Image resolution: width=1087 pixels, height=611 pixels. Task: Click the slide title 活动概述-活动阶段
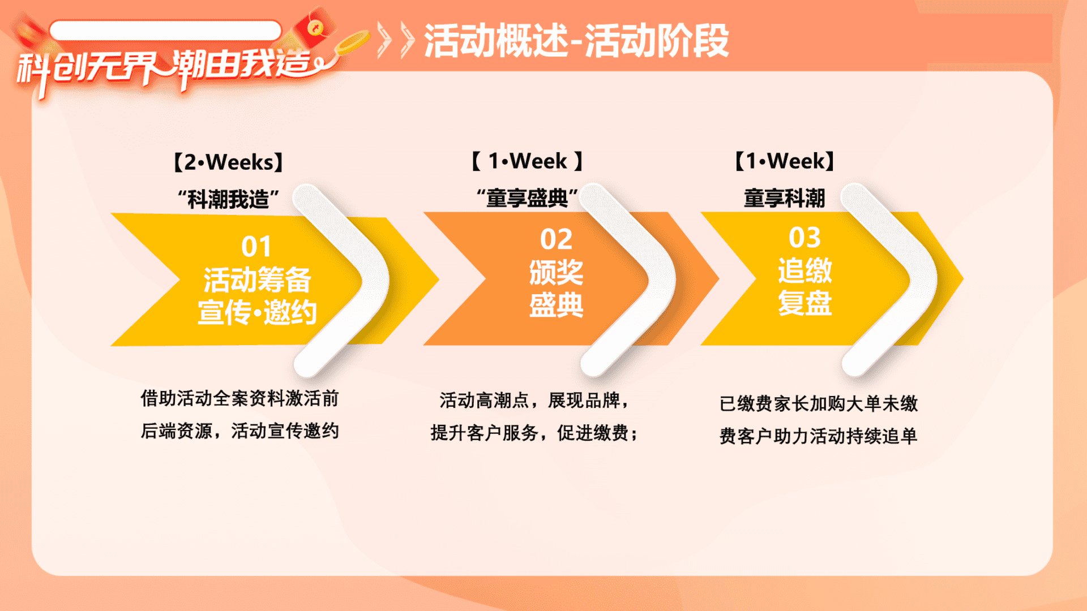576,41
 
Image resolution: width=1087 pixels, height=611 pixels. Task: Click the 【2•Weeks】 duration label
228,162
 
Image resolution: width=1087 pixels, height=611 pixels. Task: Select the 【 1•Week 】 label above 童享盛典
527,161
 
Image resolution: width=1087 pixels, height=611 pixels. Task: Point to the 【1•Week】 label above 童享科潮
785,161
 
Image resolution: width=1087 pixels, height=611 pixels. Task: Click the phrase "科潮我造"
228,199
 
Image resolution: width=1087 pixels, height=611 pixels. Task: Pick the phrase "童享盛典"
527,198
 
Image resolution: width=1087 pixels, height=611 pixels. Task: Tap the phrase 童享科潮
785,198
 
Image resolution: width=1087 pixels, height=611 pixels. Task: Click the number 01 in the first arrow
256,247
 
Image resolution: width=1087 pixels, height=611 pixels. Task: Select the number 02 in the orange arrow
556,239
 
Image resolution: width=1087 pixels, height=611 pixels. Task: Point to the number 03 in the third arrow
804,238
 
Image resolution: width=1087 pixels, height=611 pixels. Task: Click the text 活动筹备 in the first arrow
257,279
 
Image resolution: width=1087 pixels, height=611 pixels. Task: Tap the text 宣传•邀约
257,312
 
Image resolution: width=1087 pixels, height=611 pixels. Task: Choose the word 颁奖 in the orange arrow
556,272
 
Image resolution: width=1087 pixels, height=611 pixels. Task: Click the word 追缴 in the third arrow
804,270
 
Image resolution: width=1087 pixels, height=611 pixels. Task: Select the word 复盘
804,303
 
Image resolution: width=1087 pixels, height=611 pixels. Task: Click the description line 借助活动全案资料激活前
239,398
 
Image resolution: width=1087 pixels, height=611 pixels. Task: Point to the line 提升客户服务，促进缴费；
534,433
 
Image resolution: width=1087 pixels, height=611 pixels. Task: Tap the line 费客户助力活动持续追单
818,436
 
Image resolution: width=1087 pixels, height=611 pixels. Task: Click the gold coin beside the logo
352,42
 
